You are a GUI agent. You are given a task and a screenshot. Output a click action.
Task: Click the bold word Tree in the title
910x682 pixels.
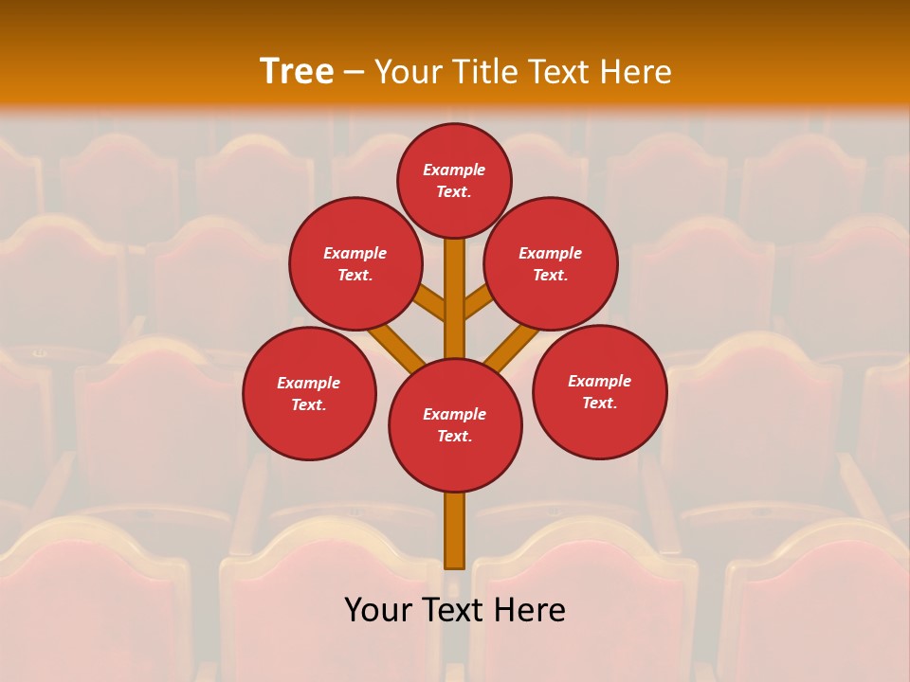pos(297,71)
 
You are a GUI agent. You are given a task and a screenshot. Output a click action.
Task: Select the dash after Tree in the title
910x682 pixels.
pos(355,72)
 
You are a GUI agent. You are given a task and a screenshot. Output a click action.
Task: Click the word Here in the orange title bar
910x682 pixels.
pos(636,72)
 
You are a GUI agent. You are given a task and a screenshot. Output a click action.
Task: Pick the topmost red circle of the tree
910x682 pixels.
pos(454,180)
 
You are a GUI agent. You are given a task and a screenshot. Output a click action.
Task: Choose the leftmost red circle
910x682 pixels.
pos(309,393)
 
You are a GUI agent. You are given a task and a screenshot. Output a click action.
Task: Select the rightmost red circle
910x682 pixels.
pos(599,391)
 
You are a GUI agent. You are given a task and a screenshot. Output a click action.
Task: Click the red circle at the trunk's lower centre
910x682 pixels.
pos(455,425)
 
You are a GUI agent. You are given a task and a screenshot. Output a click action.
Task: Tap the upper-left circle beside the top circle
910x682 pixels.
pos(355,263)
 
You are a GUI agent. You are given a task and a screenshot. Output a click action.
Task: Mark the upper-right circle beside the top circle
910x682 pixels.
pos(551,263)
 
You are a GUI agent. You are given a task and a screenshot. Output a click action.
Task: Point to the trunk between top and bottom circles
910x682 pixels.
pos(455,298)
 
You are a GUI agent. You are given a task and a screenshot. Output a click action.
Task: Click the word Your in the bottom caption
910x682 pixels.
pos(379,610)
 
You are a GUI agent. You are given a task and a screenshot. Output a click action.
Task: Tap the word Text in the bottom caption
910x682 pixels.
pos(455,610)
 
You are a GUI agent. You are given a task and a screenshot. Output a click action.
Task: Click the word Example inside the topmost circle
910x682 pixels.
pos(454,170)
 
